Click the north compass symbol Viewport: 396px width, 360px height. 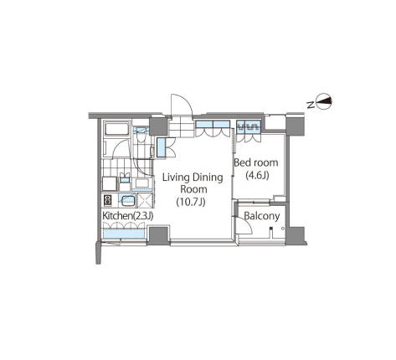tap(325, 101)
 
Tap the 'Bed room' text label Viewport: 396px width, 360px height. tap(256, 162)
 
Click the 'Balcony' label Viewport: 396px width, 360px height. tap(262, 216)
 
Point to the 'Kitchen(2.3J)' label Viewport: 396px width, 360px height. tap(128, 216)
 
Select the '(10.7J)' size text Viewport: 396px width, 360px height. tap(191, 202)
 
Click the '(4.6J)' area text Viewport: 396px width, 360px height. tap(257, 175)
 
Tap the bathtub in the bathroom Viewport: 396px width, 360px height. tap(116, 129)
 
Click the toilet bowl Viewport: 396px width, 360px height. tap(140, 138)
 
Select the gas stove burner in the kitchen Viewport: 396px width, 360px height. tap(108, 200)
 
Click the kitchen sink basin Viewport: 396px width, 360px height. tap(127, 200)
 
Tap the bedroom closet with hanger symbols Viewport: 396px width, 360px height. tap(249, 126)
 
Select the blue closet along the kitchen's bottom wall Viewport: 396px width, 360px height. tap(124, 234)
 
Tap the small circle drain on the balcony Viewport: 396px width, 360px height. tap(283, 229)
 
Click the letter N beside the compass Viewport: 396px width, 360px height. tap(310, 105)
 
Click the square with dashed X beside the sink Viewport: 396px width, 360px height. tap(145, 200)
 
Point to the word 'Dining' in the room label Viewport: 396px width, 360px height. tap(208, 177)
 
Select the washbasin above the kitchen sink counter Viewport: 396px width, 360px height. tap(125, 179)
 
